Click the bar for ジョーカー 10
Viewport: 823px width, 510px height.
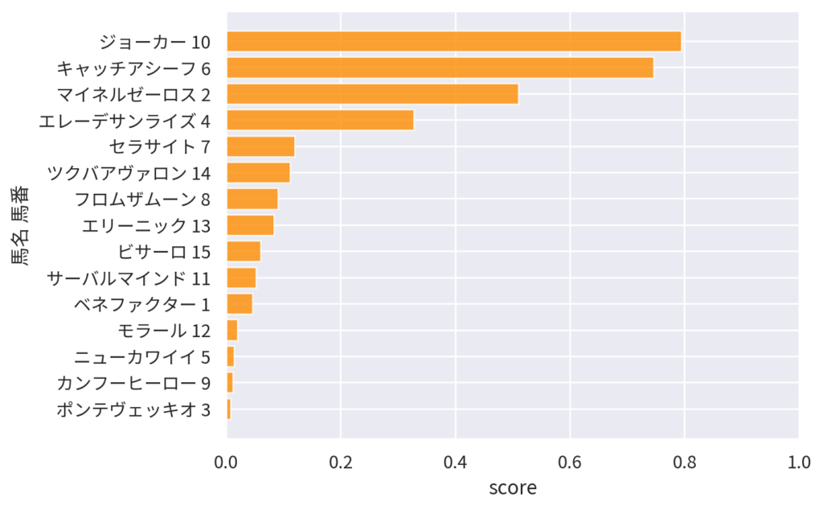(x=453, y=41)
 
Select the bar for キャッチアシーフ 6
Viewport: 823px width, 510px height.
(x=440, y=68)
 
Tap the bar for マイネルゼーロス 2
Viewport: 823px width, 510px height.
(x=372, y=94)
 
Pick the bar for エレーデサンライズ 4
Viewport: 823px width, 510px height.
(x=320, y=121)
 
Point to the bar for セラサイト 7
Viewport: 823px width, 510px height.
(x=260, y=146)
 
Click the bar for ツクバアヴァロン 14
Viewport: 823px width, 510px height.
(x=258, y=173)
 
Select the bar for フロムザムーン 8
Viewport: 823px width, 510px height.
(x=252, y=199)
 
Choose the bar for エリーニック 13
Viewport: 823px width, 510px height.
(x=250, y=225)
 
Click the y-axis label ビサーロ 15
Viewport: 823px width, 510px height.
(x=164, y=252)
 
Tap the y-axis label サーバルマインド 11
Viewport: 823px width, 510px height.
(x=129, y=278)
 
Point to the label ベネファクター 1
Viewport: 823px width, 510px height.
(x=141, y=304)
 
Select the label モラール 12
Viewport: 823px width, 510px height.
(x=164, y=331)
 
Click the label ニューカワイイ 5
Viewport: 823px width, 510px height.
(x=142, y=356)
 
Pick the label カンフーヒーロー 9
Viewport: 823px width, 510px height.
(x=133, y=383)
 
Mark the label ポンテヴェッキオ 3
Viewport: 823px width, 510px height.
(x=133, y=409)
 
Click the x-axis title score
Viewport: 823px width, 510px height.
(x=513, y=487)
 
